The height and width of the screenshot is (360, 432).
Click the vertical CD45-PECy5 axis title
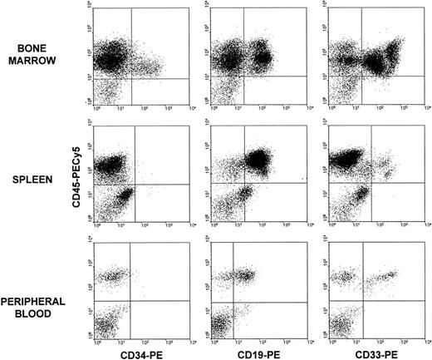pyautogui.click(x=77, y=178)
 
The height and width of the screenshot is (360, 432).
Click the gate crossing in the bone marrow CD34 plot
pyautogui.click(x=130, y=77)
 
